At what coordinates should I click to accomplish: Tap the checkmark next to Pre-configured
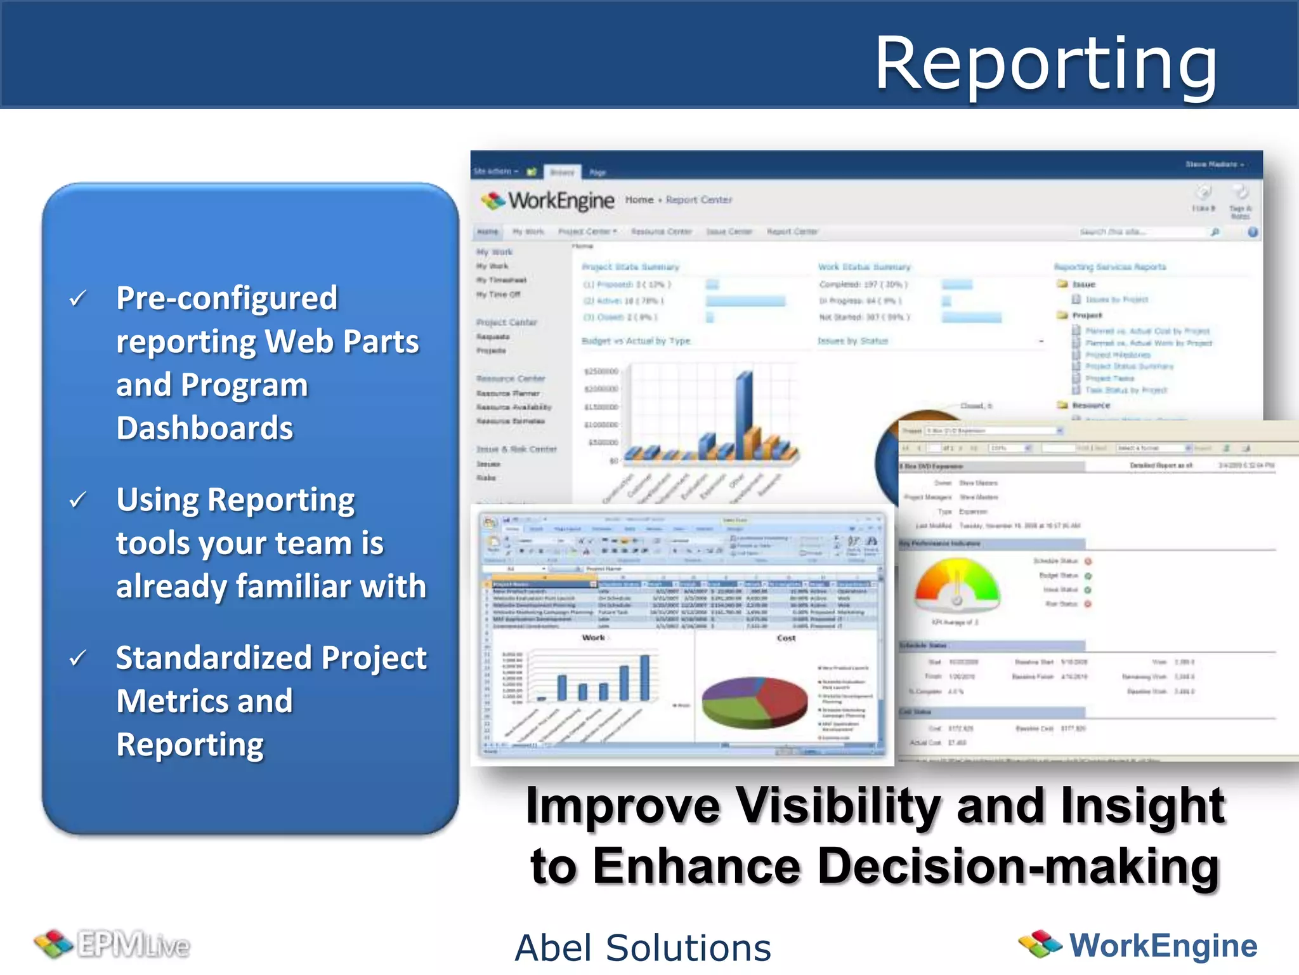click(77, 298)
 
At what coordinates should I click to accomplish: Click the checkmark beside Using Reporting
click(77, 500)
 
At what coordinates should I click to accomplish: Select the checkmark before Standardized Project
click(77, 658)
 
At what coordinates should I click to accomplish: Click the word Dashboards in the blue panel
click(204, 428)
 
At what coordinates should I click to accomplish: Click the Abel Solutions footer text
click(643, 948)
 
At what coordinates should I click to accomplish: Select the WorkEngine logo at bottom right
click(1138, 945)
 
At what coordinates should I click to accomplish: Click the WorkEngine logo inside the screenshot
click(547, 201)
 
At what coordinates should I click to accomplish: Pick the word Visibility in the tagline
click(837, 805)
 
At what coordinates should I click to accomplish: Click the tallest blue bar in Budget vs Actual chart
click(744, 413)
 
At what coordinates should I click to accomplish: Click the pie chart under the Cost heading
click(755, 702)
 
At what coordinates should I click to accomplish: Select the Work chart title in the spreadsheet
click(593, 637)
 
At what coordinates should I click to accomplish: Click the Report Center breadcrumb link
click(699, 200)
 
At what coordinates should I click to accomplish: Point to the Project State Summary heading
click(630, 267)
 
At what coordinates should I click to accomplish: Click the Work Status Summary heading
click(864, 267)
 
